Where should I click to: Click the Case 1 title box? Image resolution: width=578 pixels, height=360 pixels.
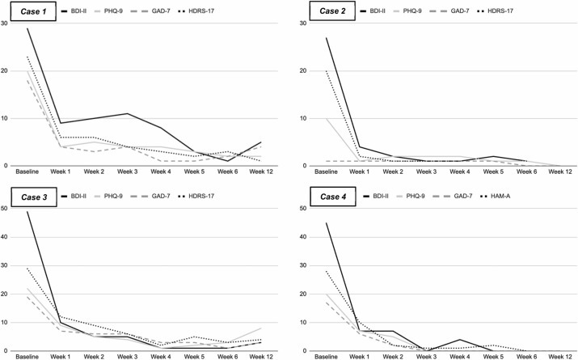tap(33, 11)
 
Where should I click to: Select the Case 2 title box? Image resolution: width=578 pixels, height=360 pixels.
tap(332, 11)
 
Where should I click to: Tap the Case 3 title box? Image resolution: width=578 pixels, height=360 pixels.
tap(34, 197)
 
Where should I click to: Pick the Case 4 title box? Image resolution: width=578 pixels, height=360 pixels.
tap(333, 197)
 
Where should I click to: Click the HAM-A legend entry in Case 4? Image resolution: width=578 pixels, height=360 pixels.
tap(495, 197)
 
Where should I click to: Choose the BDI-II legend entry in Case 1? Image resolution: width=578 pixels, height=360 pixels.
tap(74, 11)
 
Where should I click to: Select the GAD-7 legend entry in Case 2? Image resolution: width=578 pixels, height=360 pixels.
tap(453, 11)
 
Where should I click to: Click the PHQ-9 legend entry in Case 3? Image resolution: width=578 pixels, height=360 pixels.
tap(108, 197)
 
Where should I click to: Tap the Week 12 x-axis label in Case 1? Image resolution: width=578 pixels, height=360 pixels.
tap(261, 172)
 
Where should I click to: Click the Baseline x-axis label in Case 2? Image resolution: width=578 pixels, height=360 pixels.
tap(326, 172)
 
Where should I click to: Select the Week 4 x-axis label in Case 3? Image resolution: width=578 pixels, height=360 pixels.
tap(161, 357)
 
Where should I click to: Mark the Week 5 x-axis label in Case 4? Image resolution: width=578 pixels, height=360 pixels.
tap(493, 357)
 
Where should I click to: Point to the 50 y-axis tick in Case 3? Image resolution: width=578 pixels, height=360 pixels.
tap(4, 208)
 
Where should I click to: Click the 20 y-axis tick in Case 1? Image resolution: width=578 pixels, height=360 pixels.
tap(4, 71)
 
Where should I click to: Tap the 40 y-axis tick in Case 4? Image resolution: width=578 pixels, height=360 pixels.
tap(302, 237)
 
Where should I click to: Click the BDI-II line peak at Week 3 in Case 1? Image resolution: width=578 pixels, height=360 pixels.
tap(127, 113)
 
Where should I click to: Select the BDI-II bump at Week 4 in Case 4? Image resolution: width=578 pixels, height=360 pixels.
tap(460, 340)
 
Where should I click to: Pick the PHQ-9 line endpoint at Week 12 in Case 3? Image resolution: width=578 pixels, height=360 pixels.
tap(261, 328)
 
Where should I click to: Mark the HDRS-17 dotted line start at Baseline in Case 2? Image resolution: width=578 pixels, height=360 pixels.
tap(327, 71)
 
